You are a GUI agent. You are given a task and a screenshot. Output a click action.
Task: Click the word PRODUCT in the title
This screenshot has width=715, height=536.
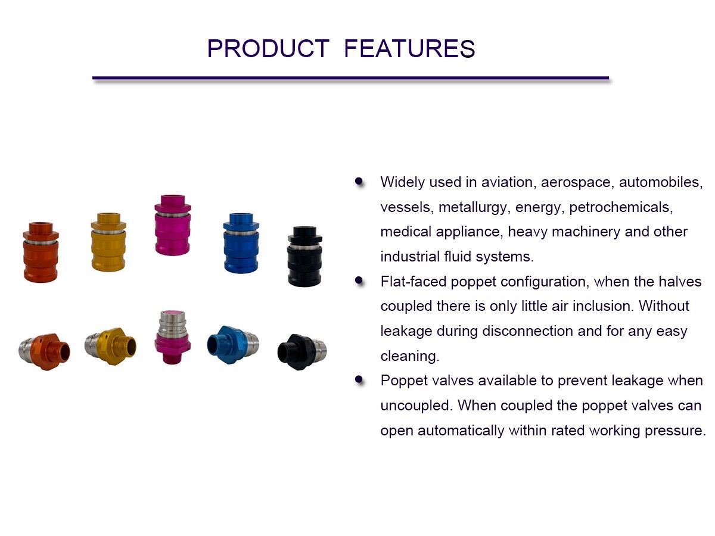pos(268,49)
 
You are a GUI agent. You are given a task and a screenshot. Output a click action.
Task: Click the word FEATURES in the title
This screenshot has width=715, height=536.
pos(409,49)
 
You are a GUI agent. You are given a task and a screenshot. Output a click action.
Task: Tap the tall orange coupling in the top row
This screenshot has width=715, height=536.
pos(41,252)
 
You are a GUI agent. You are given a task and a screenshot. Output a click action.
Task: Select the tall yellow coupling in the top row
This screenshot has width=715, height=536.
pos(108,242)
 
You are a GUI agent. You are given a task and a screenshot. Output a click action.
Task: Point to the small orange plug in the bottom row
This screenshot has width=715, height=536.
pos(45,351)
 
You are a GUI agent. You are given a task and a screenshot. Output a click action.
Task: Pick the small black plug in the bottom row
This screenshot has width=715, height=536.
pos(301,350)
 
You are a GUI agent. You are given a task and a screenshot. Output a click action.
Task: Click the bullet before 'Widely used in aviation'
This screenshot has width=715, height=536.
pos(359,181)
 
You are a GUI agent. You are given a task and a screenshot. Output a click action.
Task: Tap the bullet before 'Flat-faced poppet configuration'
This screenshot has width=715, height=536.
pos(359,281)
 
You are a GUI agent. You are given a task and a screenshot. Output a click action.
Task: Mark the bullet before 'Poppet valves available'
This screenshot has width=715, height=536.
pos(359,379)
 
